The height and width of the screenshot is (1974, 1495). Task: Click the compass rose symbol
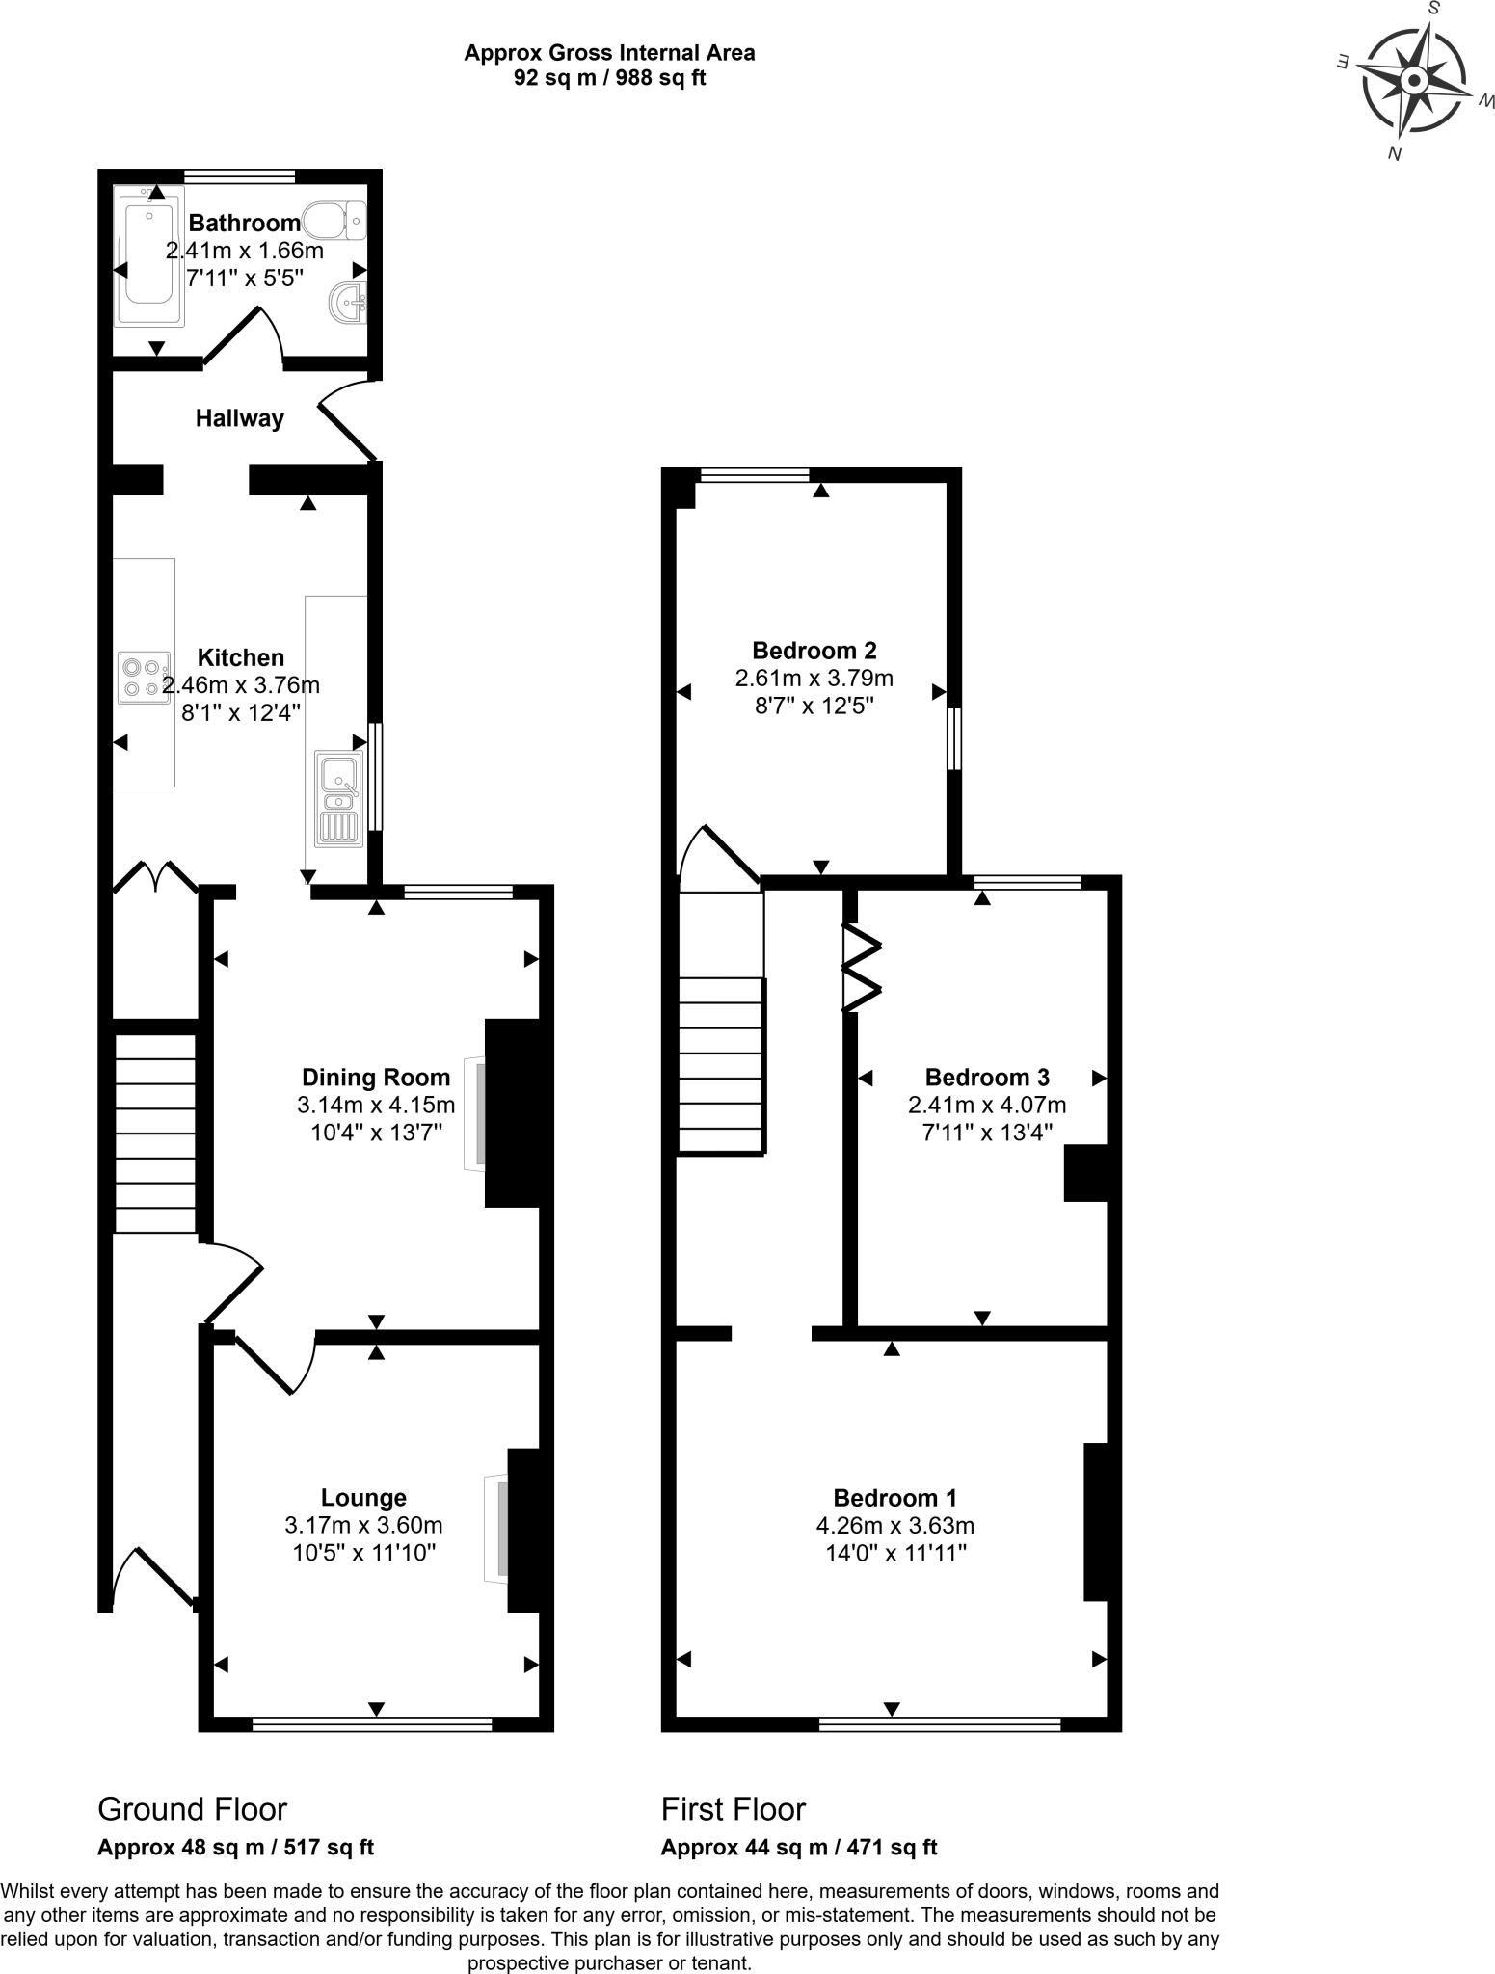click(x=1412, y=81)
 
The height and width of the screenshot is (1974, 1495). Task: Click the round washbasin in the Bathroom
click(x=348, y=303)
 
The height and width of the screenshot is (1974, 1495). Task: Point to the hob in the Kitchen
click(x=143, y=677)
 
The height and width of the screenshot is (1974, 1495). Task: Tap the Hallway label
click(x=239, y=418)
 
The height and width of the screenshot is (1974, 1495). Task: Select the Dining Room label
click(x=375, y=1078)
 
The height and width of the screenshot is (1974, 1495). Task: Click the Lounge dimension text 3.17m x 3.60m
click(x=363, y=1525)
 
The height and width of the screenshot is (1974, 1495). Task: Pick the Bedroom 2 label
click(x=814, y=650)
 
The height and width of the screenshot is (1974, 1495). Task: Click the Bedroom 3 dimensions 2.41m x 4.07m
click(x=986, y=1105)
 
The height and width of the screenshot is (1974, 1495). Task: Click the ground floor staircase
click(x=155, y=1133)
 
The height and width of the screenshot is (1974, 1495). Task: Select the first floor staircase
click(x=722, y=1065)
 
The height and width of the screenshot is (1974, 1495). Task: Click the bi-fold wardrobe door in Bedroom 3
click(x=861, y=969)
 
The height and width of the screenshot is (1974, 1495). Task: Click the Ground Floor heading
click(x=192, y=1809)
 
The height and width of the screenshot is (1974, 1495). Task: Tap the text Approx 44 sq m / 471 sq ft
click(x=798, y=1847)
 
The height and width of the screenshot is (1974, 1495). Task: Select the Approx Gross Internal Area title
click(x=609, y=53)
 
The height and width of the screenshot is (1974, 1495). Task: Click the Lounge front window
click(x=372, y=1724)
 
